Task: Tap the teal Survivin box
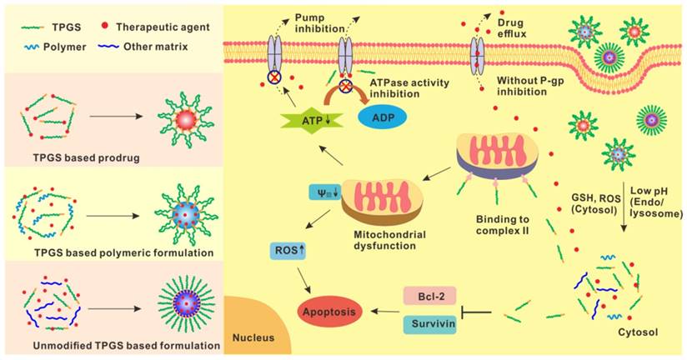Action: (x=429, y=324)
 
